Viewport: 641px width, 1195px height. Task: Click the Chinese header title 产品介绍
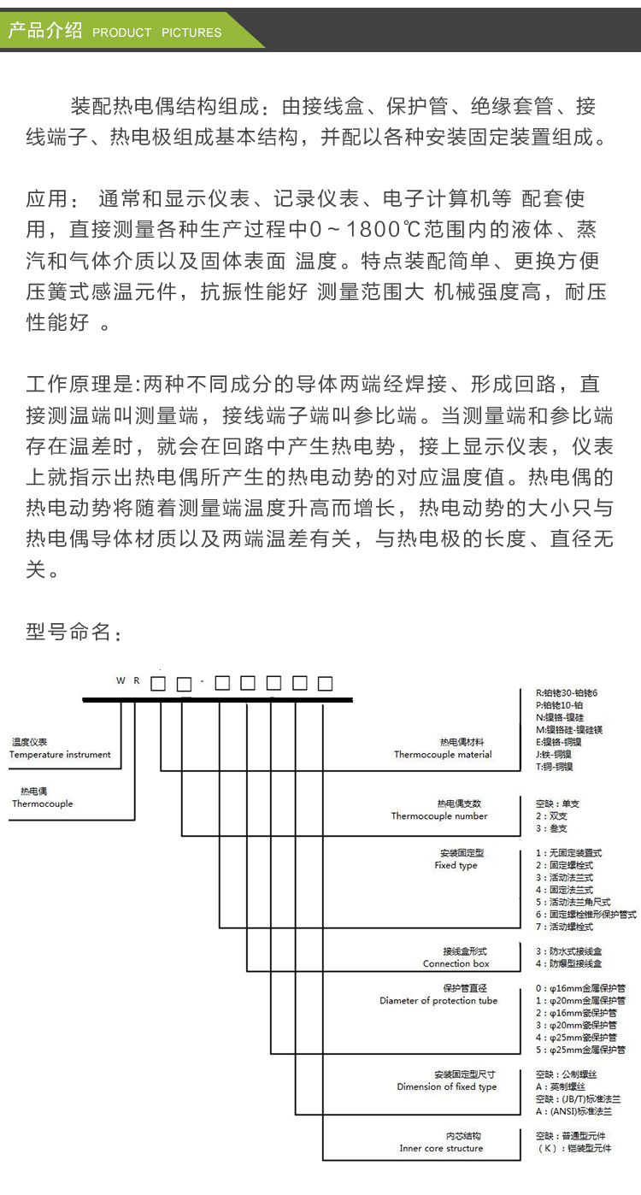pyautogui.click(x=44, y=31)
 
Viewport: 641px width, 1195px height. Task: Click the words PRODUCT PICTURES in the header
pyautogui.click(x=156, y=32)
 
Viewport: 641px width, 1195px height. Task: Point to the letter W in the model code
pyautogui.click(x=121, y=681)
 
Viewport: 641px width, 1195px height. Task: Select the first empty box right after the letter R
pyautogui.click(x=158, y=684)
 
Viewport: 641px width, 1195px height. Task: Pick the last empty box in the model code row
pyautogui.click(x=325, y=683)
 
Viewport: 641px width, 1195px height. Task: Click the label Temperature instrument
pyautogui.click(x=60, y=755)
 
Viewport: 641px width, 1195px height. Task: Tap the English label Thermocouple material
pyautogui.click(x=443, y=755)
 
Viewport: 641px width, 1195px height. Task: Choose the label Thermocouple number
pyautogui.click(x=439, y=816)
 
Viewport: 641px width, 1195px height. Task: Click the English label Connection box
pyautogui.click(x=456, y=964)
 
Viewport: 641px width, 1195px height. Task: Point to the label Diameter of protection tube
pyautogui.click(x=438, y=1001)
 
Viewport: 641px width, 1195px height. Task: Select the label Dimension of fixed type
pyautogui.click(x=447, y=1087)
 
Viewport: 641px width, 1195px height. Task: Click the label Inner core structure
pyautogui.click(x=441, y=1149)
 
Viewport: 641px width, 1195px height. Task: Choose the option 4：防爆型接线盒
pyautogui.click(x=569, y=963)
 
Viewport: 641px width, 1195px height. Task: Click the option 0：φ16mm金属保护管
pyautogui.click(x=580, y=988)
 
